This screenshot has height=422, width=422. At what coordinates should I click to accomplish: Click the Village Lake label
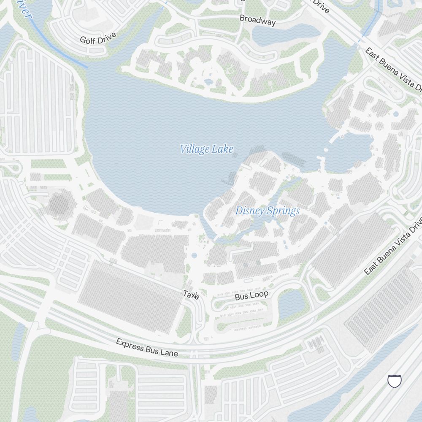point(206,149)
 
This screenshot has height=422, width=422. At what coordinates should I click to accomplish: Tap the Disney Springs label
point(268,211)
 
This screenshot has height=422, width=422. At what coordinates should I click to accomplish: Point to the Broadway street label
point(257,20)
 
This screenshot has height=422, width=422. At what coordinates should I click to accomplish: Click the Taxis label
point(191,295)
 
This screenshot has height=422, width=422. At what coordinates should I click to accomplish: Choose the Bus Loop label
point(252,296)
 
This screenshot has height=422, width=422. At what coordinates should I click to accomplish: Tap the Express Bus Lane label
point(147,347)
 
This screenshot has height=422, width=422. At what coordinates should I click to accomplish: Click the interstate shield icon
point(394,381)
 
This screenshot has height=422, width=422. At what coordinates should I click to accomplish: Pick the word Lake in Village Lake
point(223,149)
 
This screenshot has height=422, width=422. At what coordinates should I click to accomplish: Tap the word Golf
point(87,41)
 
